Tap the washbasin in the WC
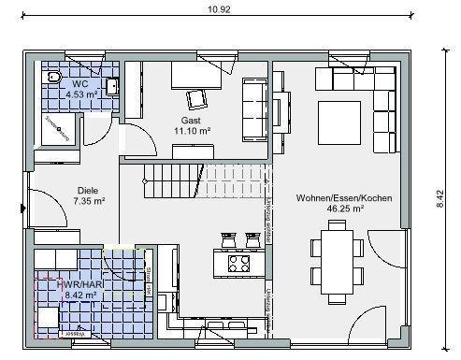coord(113,88)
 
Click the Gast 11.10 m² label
coord(191,126)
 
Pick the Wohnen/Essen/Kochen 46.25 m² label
coord(343,205)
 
